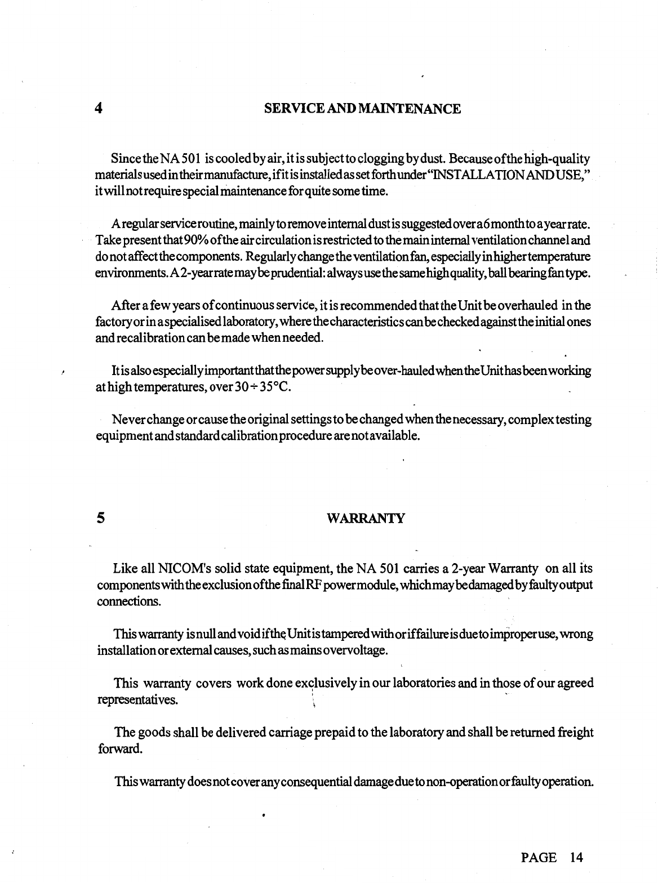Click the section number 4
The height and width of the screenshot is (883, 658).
point(99,109)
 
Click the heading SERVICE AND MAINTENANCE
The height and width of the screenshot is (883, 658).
point(362,109)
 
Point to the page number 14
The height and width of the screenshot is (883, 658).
point(576,858)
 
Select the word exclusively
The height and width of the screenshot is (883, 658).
point(321,684)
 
